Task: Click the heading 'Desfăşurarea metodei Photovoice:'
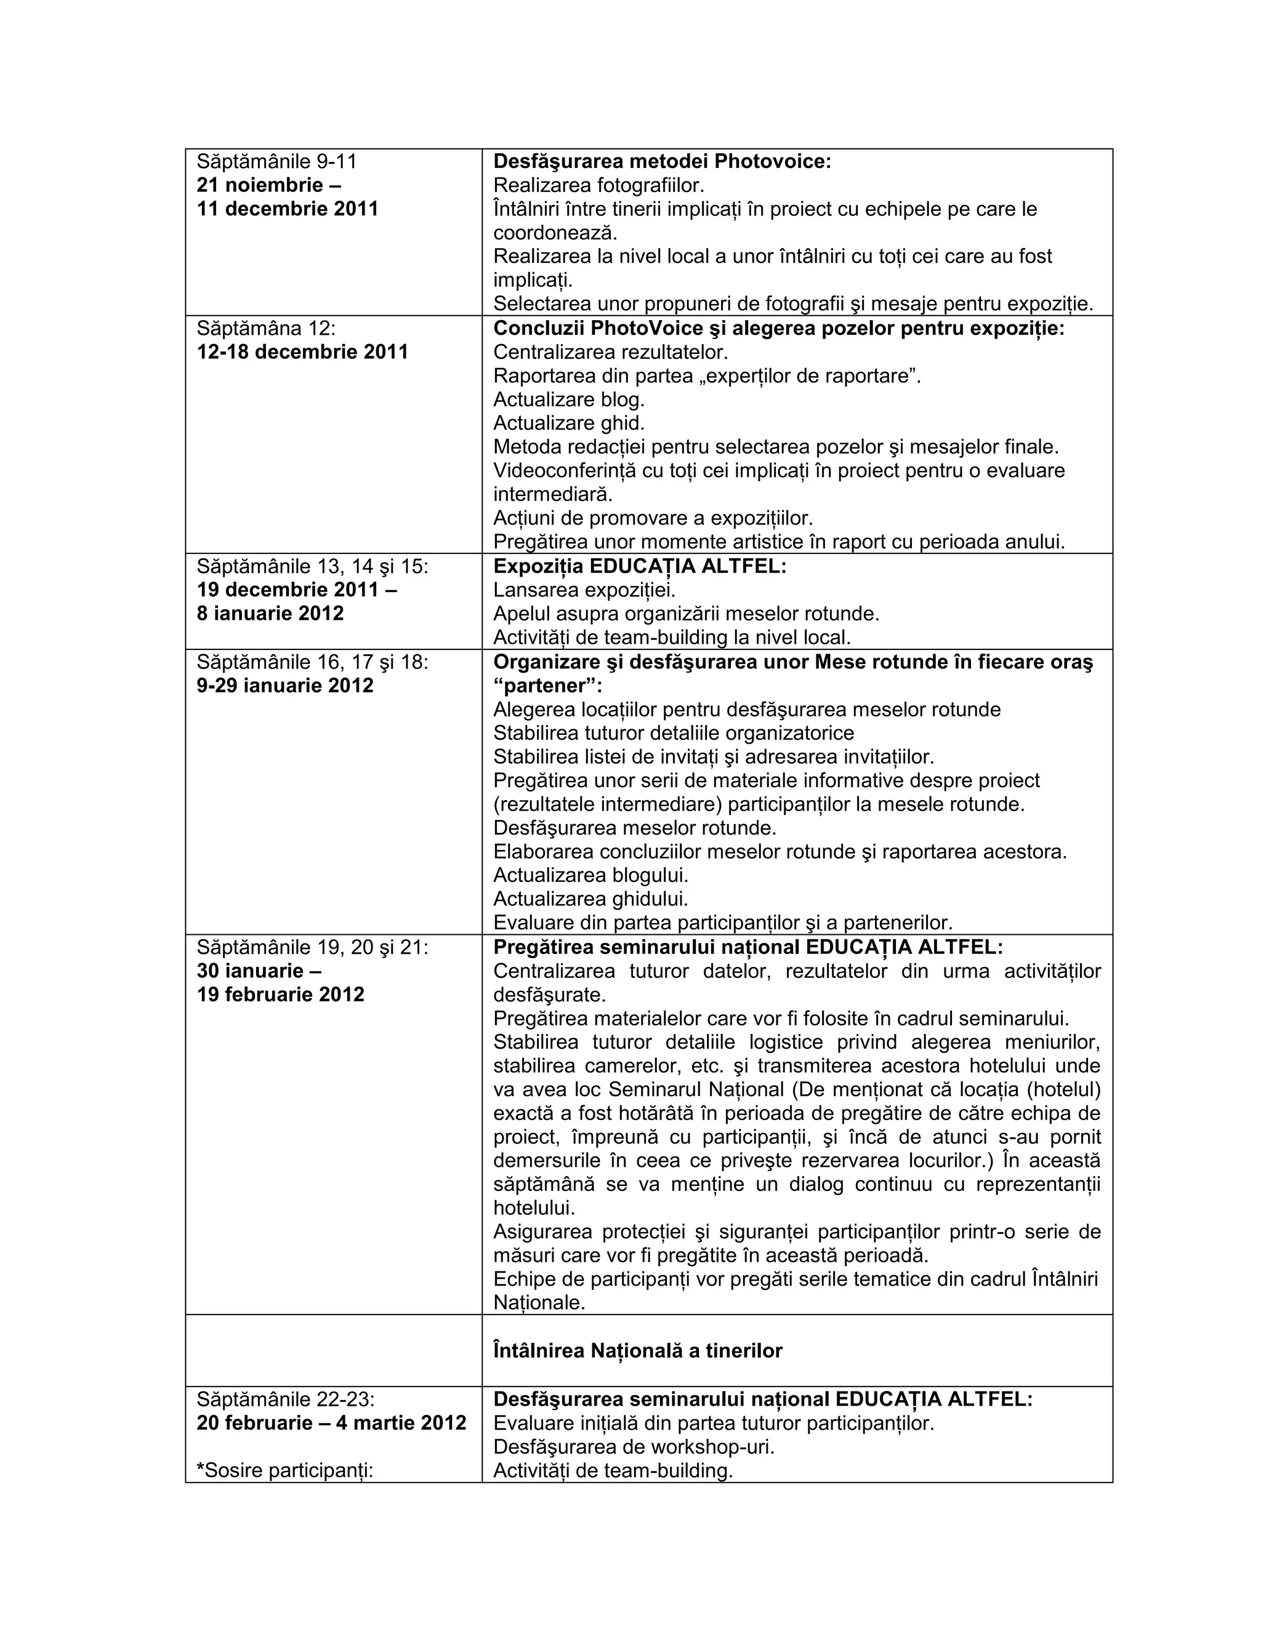[662, 161]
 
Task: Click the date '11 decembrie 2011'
[288, 209]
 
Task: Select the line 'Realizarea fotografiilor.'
[599, 185]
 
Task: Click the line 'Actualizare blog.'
[568, 399]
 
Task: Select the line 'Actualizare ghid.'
[568, 423]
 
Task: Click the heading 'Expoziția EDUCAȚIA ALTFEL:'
[640, 566]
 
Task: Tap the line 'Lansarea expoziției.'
[584, 590]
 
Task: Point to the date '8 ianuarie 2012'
[270, 614]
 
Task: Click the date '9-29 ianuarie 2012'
[285, 686]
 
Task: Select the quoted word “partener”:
[547, 686]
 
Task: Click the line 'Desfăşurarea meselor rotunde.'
[635, 828]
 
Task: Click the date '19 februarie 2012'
[281, 995]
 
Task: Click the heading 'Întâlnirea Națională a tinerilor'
[638, 1351]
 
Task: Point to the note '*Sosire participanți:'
[284, 1470]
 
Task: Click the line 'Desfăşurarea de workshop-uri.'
[634, 1446]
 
